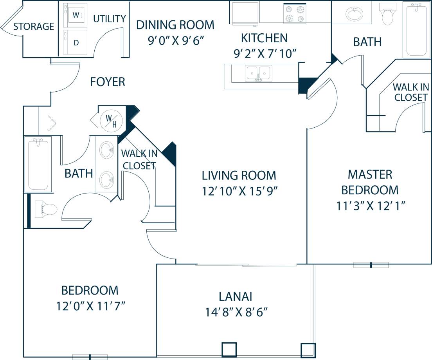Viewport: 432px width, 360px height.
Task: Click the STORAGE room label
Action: (x=34, y=27)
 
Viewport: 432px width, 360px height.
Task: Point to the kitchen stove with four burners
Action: (x=294, y=14)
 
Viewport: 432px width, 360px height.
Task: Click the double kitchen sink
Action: (x=259, y=73)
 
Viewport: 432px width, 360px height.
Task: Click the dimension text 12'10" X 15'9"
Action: (x=240, y=191)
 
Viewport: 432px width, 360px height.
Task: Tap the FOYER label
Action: (x=108, y=82)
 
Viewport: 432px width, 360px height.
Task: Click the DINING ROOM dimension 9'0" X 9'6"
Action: (x=175, y=41)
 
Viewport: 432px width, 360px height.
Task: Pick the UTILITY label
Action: (x=110, y=19)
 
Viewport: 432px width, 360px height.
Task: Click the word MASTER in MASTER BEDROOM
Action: (x=370, y=174)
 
